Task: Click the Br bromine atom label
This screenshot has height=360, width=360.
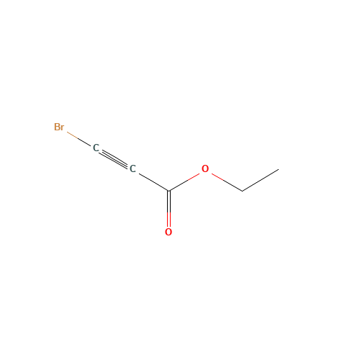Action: point(59,127)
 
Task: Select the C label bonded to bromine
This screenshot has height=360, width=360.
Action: point(96,148)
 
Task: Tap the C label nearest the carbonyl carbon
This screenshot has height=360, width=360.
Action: point(132,169)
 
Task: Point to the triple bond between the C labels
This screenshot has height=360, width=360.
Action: point(114,158)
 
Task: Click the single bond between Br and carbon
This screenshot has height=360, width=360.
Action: point(78,138)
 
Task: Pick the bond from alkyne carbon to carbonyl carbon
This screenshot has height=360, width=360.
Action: point(151,180)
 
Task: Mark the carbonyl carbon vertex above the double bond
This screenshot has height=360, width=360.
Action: point(168,190)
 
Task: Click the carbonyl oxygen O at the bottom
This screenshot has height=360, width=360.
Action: point(168,232)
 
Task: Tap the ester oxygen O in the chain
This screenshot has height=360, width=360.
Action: point(205,169)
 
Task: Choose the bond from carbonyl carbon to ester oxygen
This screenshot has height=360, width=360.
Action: point(186,180)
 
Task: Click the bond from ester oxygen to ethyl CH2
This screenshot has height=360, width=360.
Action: point(224,180)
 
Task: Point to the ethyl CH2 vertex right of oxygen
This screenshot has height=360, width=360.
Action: point(242,191)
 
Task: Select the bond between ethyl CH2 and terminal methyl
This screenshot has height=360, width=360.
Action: point(260,180)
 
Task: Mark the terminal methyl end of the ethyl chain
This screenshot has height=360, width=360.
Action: point(278,170)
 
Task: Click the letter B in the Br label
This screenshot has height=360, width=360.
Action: point(57,127)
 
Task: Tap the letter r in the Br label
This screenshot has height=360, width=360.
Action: point(63,128)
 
